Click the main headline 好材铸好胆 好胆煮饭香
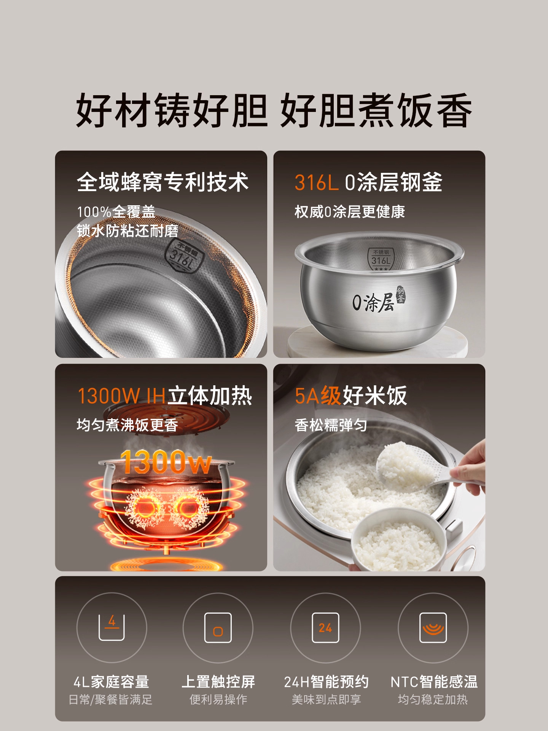[x=274, y=110]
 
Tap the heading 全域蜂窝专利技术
[x=162, y=182]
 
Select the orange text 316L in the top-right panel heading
[x=316, y=182]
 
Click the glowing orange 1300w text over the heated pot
[x=166, y=462]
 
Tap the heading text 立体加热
[x=210, y=396]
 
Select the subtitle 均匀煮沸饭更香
[x=127, y=425]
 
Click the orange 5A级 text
[x=318, y=396]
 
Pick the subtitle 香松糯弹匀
[x=331, y=425]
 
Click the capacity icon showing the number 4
[x=112, y=627]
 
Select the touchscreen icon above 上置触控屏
[x=218, y=627]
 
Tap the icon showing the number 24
[x=325, y=627]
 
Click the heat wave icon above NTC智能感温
[x=433, y=627]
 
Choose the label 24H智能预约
[x=326, y=682]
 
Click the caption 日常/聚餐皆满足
[x=110, y=699]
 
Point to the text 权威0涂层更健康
[x=349, y=212]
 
